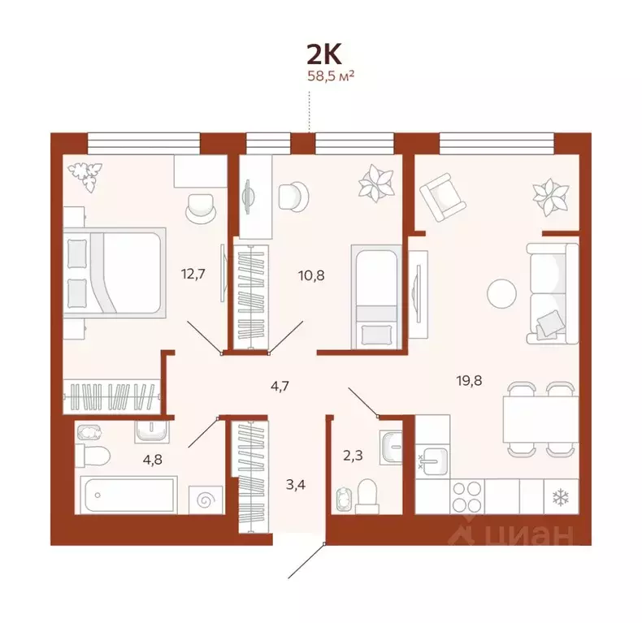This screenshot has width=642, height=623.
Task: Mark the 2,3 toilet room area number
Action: click(353, 456)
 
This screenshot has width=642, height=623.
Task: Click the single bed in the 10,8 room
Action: click(374, 296)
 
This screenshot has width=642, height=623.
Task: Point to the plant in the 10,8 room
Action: click(375, 184)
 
